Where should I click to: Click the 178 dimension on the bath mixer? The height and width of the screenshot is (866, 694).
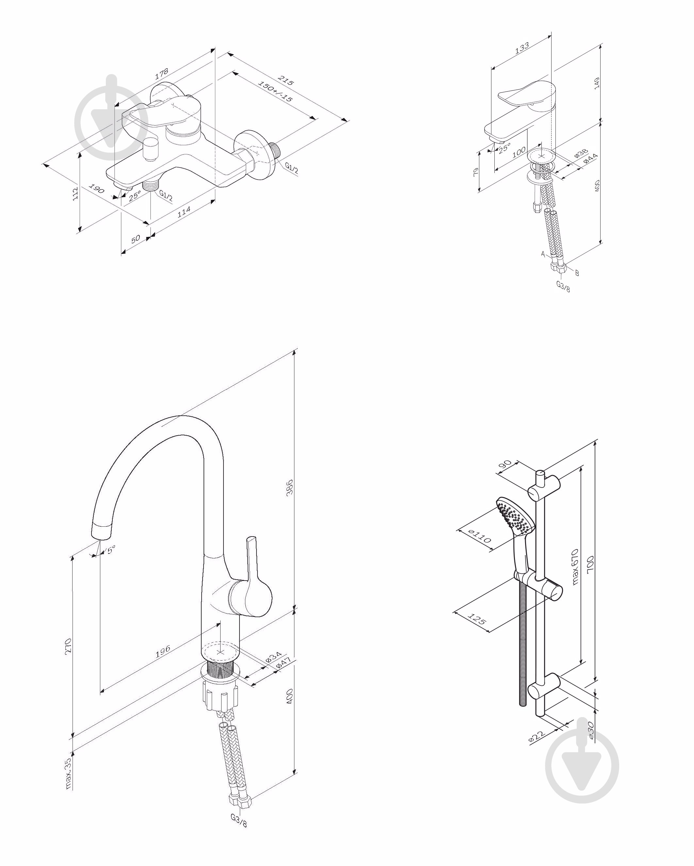click(161, 73)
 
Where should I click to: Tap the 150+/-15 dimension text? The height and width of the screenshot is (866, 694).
click(275, 91)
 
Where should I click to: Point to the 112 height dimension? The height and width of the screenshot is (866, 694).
click(75, 194)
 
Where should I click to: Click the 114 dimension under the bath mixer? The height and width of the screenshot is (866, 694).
click(184, 212)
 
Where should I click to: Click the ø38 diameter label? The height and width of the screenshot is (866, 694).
click(581, 153)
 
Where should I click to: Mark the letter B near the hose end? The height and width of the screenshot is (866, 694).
click(577, 273)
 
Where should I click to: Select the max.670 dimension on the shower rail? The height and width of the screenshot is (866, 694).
click(575, 566)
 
